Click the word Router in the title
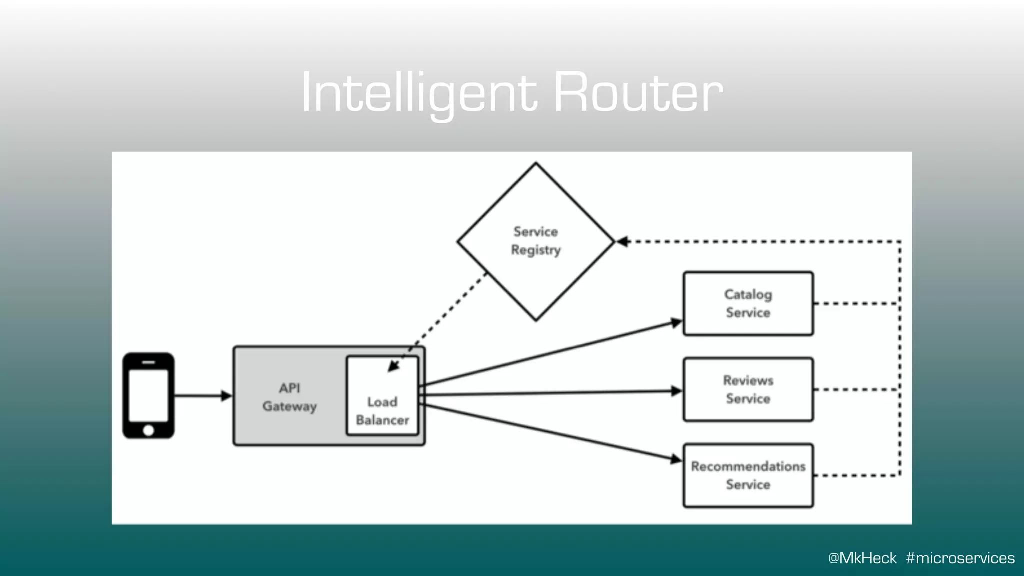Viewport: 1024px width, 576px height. (x=638, y=93)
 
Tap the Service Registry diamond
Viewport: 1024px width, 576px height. (x=536, y=241)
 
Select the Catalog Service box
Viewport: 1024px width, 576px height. (x=748, y=303)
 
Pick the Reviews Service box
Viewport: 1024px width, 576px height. (x=748, y=389)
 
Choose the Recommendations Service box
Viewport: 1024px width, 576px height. (x=748, y=475)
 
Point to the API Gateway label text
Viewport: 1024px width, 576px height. (x=290, y=397)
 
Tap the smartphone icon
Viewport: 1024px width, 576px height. (x=148, y=395)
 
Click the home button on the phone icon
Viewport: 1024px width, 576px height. (x=148, y=430)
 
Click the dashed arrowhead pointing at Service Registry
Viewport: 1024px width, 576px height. (x=622, y=242)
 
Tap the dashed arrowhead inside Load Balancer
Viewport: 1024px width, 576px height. (x=393, y=366)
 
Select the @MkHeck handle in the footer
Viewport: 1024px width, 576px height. (x=862, y=558)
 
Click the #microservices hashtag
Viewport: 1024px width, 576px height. (x=960, y=558)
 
